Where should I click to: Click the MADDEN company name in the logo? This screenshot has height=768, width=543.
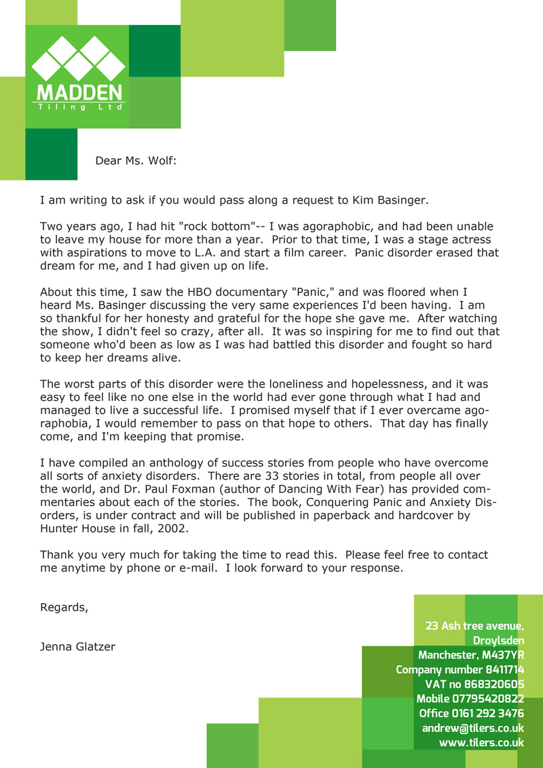pyautogui.click(x=79, y=92)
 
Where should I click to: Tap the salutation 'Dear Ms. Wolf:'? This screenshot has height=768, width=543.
pyautogui.click(x=136, y=161)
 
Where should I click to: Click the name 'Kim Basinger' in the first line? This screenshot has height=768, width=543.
pyautogui.click(x=389, y=200)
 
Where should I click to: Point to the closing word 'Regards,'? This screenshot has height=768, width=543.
pyautogui.click(x=64, y=607)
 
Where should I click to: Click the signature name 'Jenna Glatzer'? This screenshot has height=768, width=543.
pyautogui.click(x=78, y=647)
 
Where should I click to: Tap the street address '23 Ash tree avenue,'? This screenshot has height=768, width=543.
pyautogui.click(x=474, y=626)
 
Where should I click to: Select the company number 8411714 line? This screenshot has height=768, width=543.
pyautogui.click(x=460, y=670)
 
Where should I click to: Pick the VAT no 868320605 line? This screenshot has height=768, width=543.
pyautogui.click(x=474, y=685)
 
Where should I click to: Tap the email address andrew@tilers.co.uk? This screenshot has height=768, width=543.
pyautogui.click(x=472, y=728)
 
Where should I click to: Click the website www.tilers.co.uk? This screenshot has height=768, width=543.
pyautogui.click(x=481, y=743)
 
